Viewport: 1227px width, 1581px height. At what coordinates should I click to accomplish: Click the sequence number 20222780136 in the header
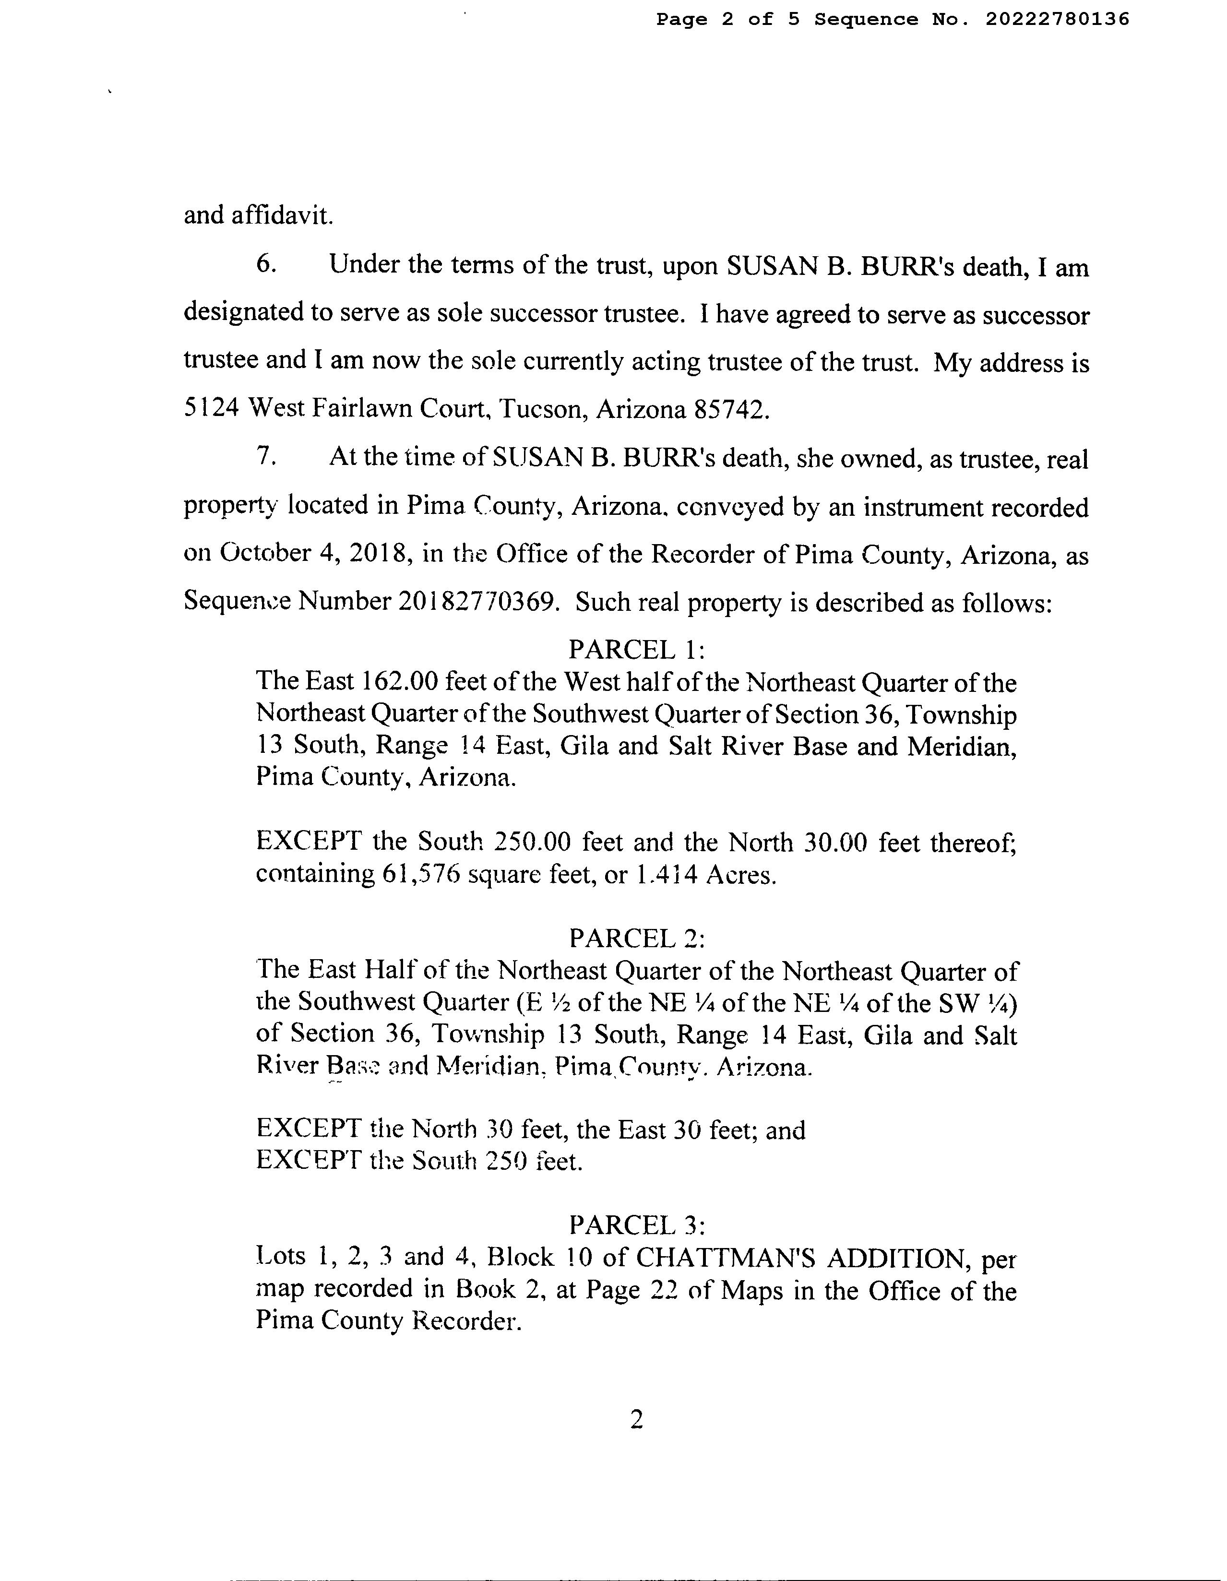(1057, 20)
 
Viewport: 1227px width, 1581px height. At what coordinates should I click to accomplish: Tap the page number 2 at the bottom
(636, 1421)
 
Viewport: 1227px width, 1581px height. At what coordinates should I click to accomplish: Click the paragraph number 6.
(266, 264)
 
